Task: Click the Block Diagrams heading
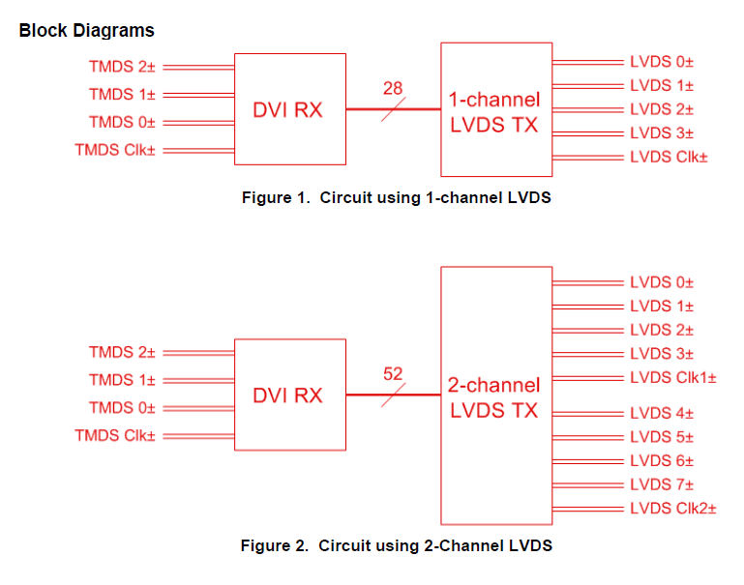coord(86,30)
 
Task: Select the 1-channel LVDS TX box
coord(494,109)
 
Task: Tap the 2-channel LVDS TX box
coord(494,395)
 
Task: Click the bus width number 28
coord(392,89)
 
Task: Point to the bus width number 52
coord(393,373)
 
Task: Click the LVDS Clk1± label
coord(672,377)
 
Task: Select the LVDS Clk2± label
coord(672,508)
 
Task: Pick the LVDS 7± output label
coord(662,484)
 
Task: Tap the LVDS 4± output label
coord(662,414)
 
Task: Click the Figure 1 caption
coord(396,198)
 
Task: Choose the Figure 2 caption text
coord(396,545)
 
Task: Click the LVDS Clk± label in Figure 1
coord(669,157)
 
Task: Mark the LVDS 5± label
coord(662,437)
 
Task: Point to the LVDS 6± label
coord(662,460)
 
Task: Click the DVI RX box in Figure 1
coord(289,109)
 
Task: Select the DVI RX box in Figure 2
coord(289,395)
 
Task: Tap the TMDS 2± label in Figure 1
coord(122,67)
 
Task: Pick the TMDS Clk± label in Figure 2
coord(115,435)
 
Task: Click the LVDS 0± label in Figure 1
coord(662,62)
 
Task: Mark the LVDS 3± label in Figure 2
coord(662,354)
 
